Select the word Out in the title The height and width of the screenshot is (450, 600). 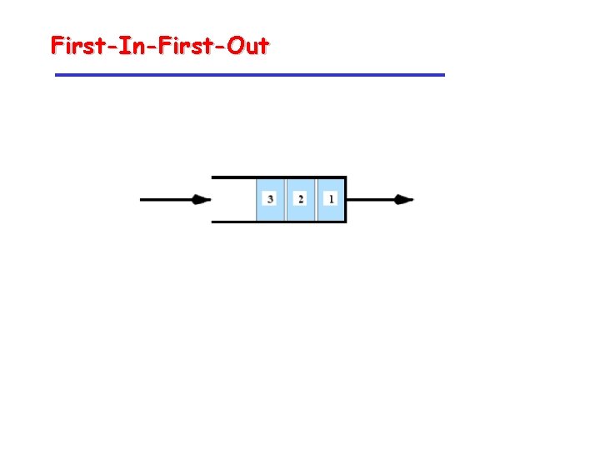(x=247, y=45)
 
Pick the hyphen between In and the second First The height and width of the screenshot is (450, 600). (x=154, y=47)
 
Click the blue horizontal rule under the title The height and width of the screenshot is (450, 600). (x=250, y=75)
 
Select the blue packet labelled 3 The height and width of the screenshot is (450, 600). (x=271, y=199)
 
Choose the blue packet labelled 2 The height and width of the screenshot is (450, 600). (x=301, y=199)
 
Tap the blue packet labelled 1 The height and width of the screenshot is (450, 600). (x=331, y=199)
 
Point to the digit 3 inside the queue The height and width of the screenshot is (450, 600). (x=271, y=199)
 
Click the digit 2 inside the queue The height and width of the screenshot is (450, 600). (x=301, y=199)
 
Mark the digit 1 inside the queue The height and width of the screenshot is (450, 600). (x=331, y=199)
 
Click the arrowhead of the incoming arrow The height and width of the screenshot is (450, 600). (x=201, y=200)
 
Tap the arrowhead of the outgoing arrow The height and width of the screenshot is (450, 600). (x=404, y=200)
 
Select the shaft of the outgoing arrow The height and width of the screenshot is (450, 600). (x=371, y=200)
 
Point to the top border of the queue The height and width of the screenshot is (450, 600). (x=233, y=177)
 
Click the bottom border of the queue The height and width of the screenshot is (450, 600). (x=233, y=222)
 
